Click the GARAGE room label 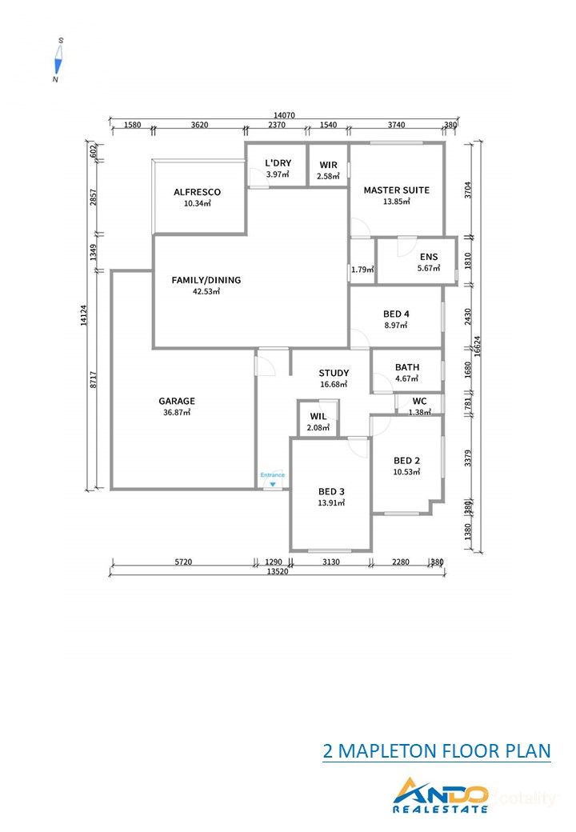click(x=176, y=401)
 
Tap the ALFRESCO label click(x=197, y=192)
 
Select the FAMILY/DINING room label click(x=206, y=281)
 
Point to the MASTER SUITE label click(x=396, y=190)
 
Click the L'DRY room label click(x=278, y=163)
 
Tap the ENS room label click(x=429, y=257)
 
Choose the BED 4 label click(x=396, y=314)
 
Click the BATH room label click(x=407, y=368)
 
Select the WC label click(x=419, y=401)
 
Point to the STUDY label click(x=334, y=373)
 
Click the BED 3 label click(x=330, y=491)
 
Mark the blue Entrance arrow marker click(x=273, y=484)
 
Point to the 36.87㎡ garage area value click(x=176, y=413)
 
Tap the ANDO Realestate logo click(x=441, y=796)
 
